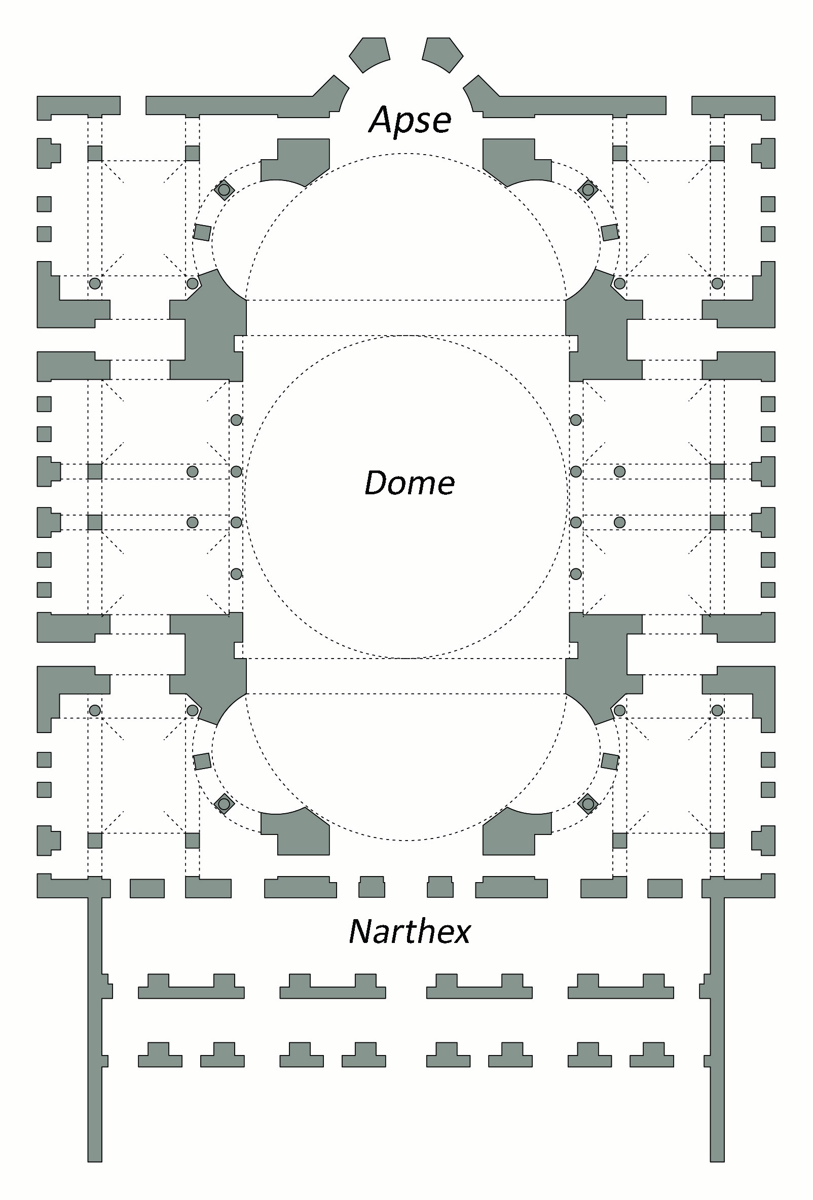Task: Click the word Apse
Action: [411, 120]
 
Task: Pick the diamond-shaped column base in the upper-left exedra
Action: [224, 190]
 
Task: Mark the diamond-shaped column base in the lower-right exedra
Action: [588, 804]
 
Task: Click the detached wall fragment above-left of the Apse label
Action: [369, 53]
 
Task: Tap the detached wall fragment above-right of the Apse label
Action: [442, 53]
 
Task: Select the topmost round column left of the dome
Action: [236, 420]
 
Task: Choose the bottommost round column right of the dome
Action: [576, 573]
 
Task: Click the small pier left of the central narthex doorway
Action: [372, 887]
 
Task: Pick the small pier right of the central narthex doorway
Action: [440, 887]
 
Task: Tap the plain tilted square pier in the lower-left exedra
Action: [202, 761]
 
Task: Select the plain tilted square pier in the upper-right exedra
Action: [610, 232]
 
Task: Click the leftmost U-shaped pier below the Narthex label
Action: [191, 987]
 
